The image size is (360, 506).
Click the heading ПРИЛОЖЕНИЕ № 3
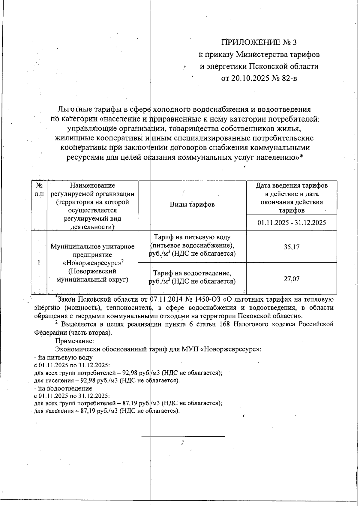pyautogui.click(x=259, y=42)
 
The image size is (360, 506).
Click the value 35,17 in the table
pyautogui.click(x=292, y=247)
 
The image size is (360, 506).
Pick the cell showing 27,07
pyautogui.click(x=292, y=279)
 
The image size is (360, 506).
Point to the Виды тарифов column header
pyautogui.click(x=192, y=205)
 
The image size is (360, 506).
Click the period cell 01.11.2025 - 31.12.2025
pyautogui.click(x=292, y=223)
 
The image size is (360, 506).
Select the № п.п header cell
pyautogui.click(x=39, y=190)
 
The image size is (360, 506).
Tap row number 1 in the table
pyautogui.click(x=39, y=263)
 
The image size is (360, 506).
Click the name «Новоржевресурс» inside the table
pyautogui.click(x=92, y=263)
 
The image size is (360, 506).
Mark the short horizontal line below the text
pyautogui.click(x=183, y=436)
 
